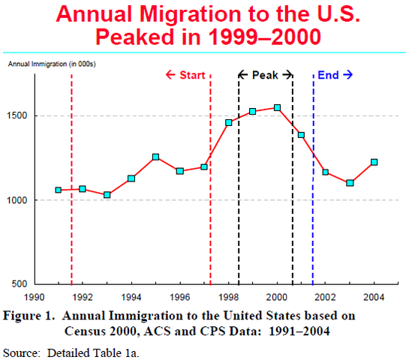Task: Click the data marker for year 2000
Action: coord(277,108)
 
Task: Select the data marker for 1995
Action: coord(155,157)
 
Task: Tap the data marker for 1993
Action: coord(107,195)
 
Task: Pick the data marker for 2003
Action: coord(350,183)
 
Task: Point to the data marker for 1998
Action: coord(229,122)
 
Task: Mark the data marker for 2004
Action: coord(374,162)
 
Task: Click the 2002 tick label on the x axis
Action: coord(325,295)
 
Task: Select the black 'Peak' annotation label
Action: coord(266,75)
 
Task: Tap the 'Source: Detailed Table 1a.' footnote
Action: coord(71,351)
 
